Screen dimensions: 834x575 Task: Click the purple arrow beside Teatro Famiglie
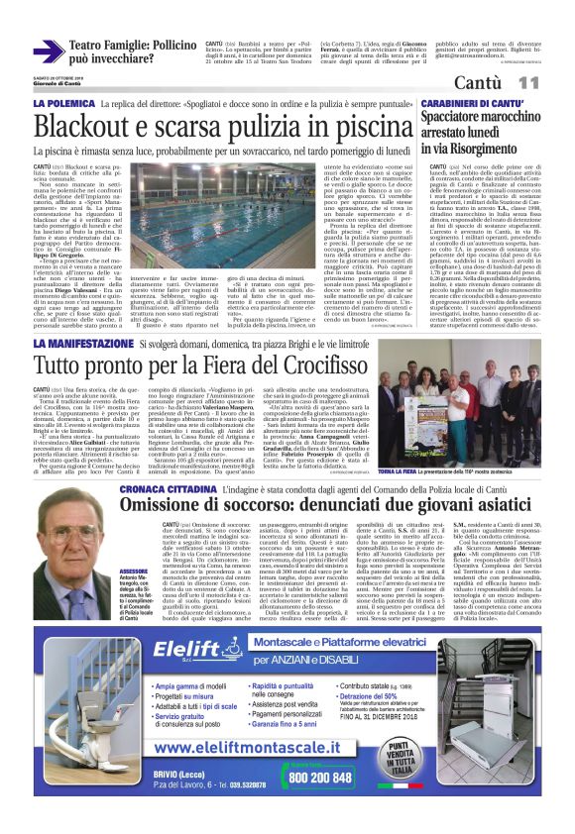click(49, 51)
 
